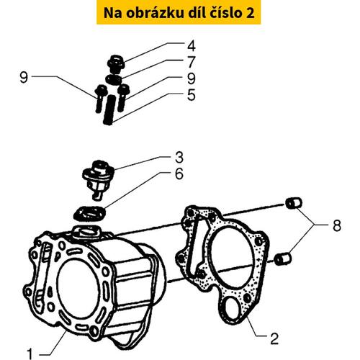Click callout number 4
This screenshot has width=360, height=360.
pos(192,45)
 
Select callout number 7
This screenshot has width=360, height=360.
pos(192,62)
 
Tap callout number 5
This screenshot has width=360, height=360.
pos(192,95)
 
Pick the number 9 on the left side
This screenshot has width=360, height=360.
pos(24,78)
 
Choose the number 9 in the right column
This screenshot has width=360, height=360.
pos(192,78)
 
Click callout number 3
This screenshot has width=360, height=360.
pos(179,158)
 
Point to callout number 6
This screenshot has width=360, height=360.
pos(179,174)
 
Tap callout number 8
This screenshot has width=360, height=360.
pos(337,225)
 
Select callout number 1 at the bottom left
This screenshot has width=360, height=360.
pos(30,354)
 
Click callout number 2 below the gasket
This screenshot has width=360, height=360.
pos(274,338)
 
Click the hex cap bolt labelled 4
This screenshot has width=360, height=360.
pos(116,64)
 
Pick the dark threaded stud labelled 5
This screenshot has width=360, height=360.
pos(109,109)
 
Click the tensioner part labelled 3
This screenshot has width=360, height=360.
pos(97,179)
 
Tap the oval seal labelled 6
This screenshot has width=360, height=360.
pos(89,213)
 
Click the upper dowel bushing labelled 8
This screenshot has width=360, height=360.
pos(293,204)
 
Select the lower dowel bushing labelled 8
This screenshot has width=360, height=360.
pos(283,259)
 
